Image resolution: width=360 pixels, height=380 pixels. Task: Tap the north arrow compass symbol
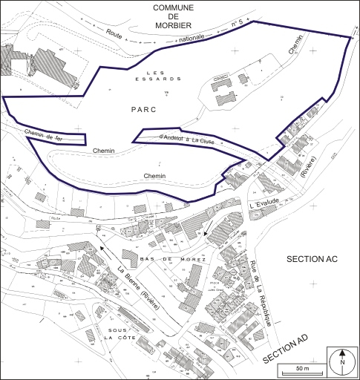pos(342,361)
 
